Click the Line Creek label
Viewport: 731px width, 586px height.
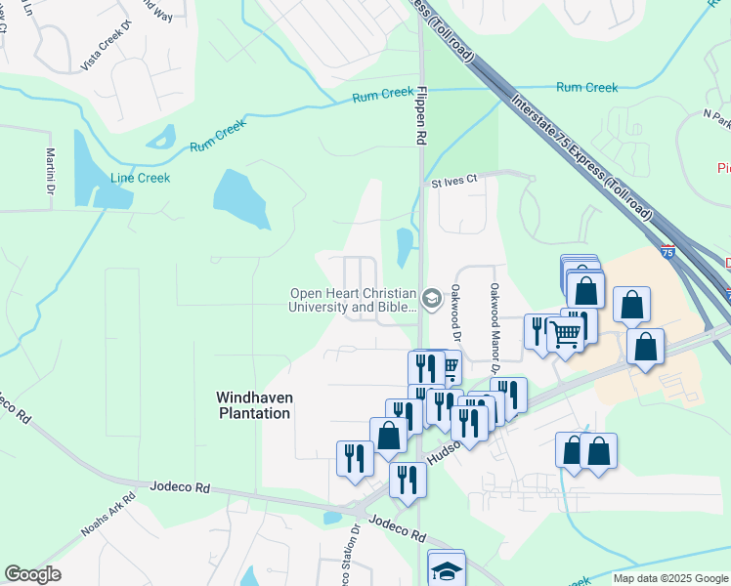coord(140,178)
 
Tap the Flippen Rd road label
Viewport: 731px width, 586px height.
coord(421,116)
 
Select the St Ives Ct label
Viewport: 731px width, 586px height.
coord(453,181)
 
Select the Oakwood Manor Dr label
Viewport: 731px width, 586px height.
coord(494,328)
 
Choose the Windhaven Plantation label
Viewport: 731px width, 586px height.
coord(253,405)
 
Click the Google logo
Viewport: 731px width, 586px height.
coord(32,574)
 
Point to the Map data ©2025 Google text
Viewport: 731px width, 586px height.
coord(670,578)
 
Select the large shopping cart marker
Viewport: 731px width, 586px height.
coord(566,335)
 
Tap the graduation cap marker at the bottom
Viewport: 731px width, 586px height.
coord(447,570)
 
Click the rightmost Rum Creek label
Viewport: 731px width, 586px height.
coord(586,88)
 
